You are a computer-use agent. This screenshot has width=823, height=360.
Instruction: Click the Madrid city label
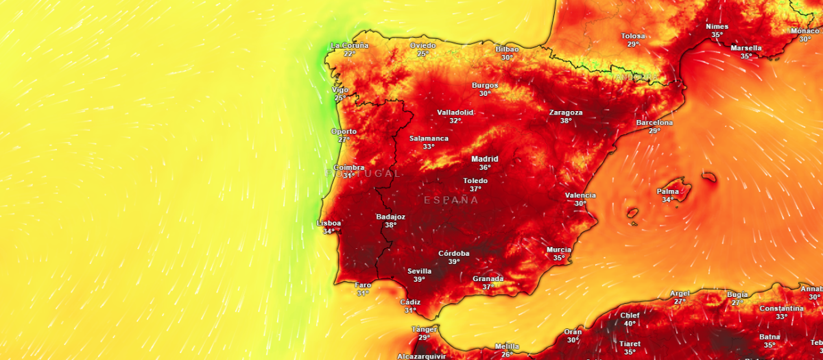click(485, 159)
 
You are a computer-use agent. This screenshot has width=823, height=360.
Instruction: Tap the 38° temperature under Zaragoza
click(566, 121)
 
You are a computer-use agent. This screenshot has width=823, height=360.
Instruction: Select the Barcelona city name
click(654, 123)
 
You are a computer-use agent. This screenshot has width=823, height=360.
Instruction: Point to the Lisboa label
click(329, 223)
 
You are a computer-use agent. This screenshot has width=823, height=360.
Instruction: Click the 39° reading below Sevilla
click(419, 279)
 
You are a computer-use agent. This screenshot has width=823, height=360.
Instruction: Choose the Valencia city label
click(580, 195)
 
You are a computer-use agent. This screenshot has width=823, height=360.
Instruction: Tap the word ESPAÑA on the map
click(451, 200)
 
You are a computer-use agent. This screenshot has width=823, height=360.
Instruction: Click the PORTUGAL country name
click(363, 173)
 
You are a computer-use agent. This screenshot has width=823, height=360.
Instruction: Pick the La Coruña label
click(350, 46)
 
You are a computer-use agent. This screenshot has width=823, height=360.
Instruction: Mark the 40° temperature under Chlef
click(630, 324)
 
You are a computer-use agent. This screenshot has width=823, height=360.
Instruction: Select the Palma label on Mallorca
click(668, 191)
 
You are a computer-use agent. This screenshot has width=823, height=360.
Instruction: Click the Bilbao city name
click(508, 49)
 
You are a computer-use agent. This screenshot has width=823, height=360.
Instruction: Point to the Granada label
click(488, 278)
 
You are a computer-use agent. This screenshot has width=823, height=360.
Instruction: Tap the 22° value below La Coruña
click(350, 53)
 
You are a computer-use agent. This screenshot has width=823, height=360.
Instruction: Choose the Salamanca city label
click(429, 139)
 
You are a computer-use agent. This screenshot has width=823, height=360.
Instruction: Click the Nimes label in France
click(717, 27)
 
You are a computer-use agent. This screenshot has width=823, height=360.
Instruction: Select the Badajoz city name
click(391, 217)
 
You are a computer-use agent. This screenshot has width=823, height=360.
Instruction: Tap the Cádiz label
click(410, 302)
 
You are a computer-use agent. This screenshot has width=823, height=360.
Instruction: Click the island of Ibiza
click(632, 213)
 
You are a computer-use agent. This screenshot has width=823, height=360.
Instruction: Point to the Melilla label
click(507, 346)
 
